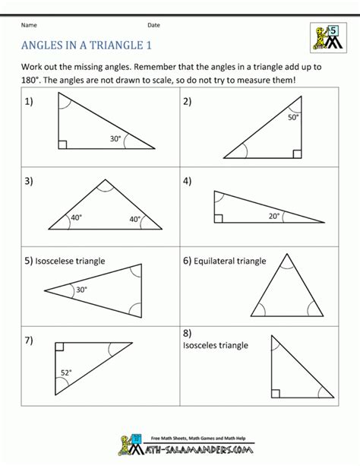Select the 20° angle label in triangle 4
273,216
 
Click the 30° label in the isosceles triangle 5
81,289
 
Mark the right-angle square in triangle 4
219,219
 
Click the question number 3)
29,182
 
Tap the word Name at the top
30,25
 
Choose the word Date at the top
154,25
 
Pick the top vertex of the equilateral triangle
286,255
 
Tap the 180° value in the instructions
35,81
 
